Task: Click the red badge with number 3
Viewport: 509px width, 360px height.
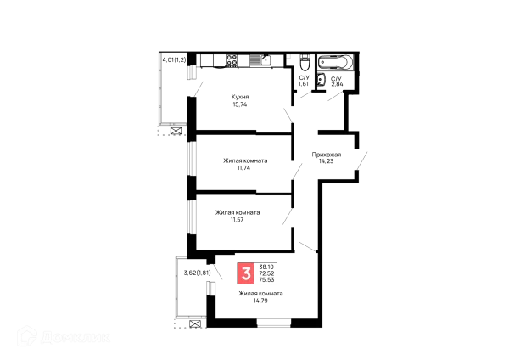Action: [246, 274]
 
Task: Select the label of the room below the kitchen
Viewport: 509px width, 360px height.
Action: [243, 162]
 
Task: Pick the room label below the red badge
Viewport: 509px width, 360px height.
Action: [260, 296]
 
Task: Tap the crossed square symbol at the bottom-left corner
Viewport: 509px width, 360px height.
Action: [197, 323]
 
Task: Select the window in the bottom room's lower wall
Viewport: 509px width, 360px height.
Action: [273, 323]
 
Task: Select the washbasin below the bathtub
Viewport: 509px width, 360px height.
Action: [333, 84]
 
